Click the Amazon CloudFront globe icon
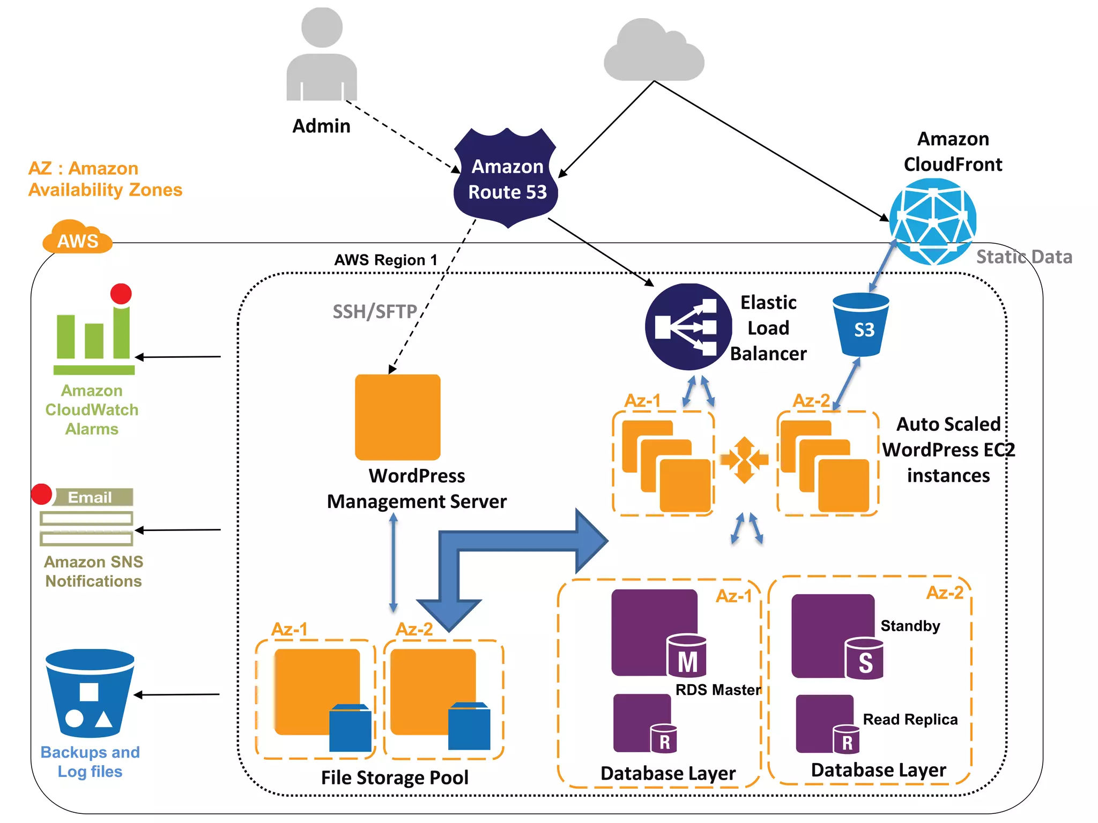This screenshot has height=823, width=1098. pyautogui.click(x=933, y=221)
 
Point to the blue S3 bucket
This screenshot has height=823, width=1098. pyautogui.click(x=861, y=325)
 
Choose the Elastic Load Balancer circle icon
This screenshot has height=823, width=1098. pyautogui.click(x=688, y=327)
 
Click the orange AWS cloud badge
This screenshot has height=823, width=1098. pyautogui.click(x=77, y=238)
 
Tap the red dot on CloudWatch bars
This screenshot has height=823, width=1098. pyautogui.click(x=121, y=294)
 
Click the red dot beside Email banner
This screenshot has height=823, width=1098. pyautogui.click(x=42, y=494)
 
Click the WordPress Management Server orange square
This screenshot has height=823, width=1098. pyautogui.click(x=398, y=417)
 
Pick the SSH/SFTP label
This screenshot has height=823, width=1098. pyautogui.click(x=375, y=311)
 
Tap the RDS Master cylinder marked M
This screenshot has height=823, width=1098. pyautogui.click(x=687, y=656)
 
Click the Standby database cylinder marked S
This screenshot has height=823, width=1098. pyautogui.click(x=864, y=659)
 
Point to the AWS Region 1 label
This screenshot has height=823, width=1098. pyautogui.click(x=386, y=260)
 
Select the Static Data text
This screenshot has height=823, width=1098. pyautogui.click(x=1024, y=257)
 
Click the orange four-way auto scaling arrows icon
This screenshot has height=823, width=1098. pyautogui.click(x=744, y=460)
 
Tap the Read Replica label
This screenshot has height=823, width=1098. pyautogui.click(x=910, y=719)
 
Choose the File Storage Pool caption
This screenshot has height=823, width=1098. pyautogui.click(x=395, y=777)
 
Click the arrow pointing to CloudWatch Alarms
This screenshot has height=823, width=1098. pyautogui.click(x=177, y=356)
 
